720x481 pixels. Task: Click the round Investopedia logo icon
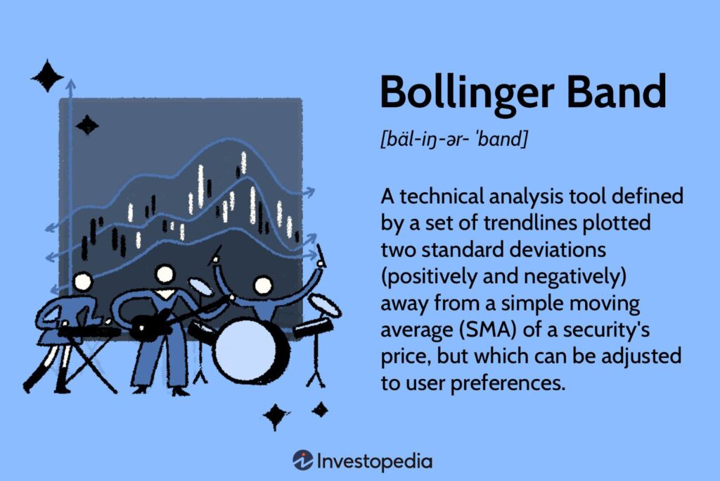click(302, 461)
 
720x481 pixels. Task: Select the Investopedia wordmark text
click(374, 461)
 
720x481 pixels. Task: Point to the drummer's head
click(263, 285)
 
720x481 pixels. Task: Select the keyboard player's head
click(83, 282)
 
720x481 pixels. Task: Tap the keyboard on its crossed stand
click(88, 330)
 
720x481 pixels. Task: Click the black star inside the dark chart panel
click(87, 125)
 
